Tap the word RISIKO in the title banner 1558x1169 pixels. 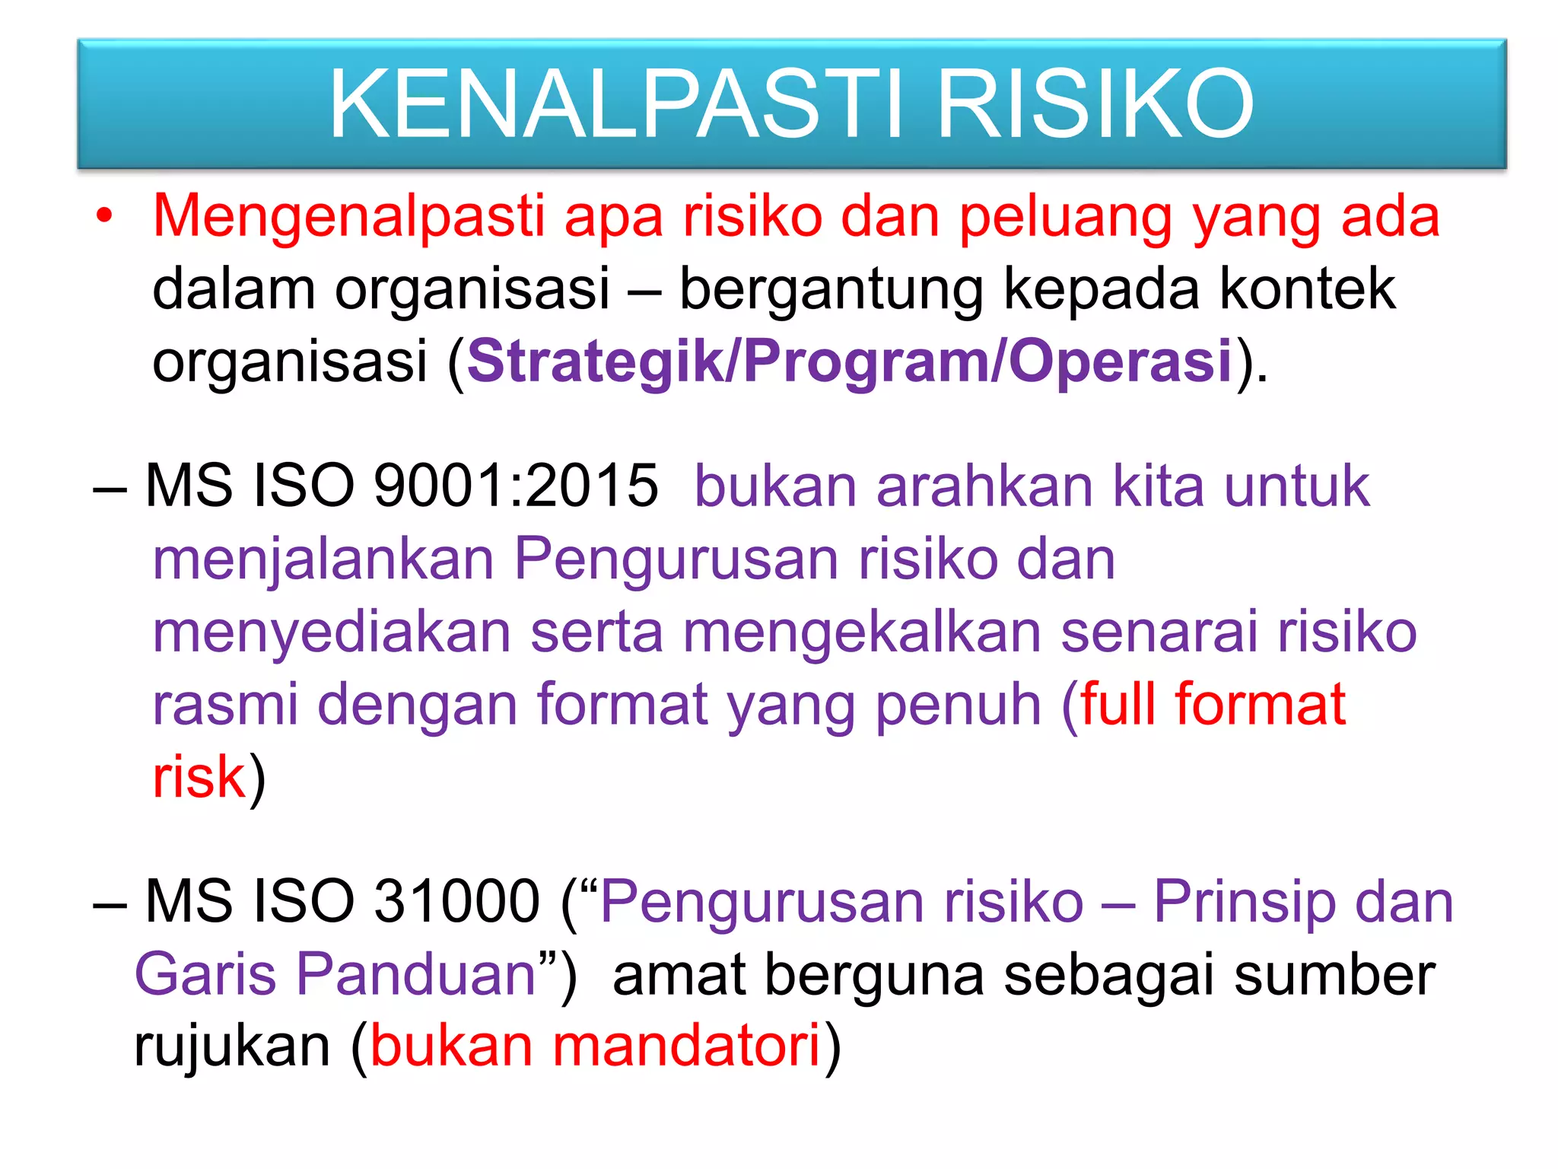coord(1095,104)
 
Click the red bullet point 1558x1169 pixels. coord(104,218)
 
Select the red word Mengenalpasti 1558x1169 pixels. coord(348,218)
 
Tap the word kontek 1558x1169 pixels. coord(1307,289)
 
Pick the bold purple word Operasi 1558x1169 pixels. coord(1120,362)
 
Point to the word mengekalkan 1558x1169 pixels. coord(861,632)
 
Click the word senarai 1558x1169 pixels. coord(1159,632)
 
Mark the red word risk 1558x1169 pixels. coord(199,777)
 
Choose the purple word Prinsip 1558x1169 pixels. coord(1245,903)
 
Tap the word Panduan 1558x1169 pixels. coord(416,975)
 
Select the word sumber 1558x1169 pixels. coord(1334,975)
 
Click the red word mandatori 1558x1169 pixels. coord(686,1046)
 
